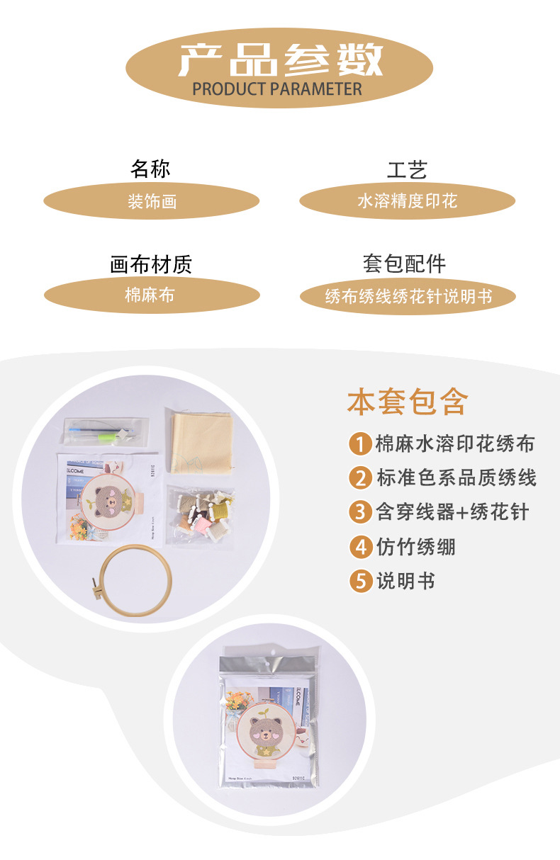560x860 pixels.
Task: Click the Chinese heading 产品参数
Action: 280,60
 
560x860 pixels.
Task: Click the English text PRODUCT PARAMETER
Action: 277,89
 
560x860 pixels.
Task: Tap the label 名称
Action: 150,169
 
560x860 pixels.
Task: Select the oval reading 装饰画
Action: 152,202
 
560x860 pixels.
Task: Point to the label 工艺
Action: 407,170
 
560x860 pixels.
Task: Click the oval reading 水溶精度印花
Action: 407,201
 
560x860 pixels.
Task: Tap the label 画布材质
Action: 151,265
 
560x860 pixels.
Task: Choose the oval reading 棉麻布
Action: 151,295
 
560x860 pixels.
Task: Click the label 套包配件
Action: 405,264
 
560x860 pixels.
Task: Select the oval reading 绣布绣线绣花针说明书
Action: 408,296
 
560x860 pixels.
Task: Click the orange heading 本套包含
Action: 408,402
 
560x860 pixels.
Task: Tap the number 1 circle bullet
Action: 361,445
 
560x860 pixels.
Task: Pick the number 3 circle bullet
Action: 361,512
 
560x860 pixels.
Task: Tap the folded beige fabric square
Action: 198,443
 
